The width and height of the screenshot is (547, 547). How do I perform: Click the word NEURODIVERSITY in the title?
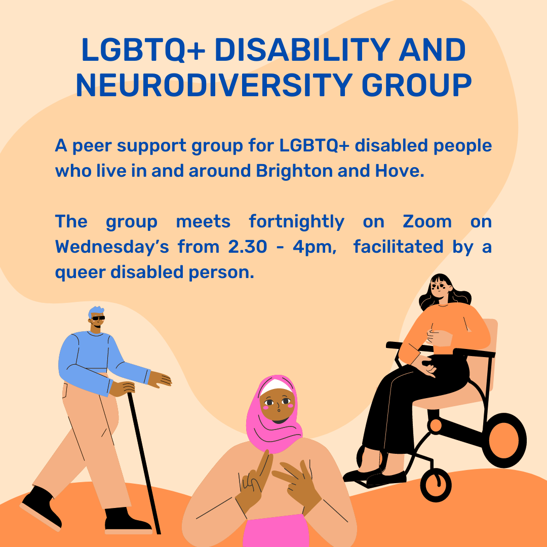coord(214,85)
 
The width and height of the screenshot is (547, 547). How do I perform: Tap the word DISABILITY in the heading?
coord(302,50)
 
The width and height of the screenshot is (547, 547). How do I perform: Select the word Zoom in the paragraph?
coord(427,221)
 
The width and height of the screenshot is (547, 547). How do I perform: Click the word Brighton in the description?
coord(294,171)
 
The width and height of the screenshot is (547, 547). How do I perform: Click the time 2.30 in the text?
coord(247,247)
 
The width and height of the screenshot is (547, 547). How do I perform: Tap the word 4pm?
coord(315,248)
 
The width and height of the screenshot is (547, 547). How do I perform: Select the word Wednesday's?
coord(112,247)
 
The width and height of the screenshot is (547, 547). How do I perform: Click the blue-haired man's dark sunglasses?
coord(98,318)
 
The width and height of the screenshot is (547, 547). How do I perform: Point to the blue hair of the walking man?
coord(96,311)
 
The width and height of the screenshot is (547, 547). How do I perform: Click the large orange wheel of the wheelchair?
coord(504,440)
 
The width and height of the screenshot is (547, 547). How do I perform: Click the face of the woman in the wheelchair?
coord(440,288)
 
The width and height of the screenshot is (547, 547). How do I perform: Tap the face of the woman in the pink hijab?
coord(278,405)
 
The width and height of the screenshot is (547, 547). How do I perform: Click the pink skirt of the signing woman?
coord(276,531)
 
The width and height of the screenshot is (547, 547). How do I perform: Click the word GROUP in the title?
coord(416,85)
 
